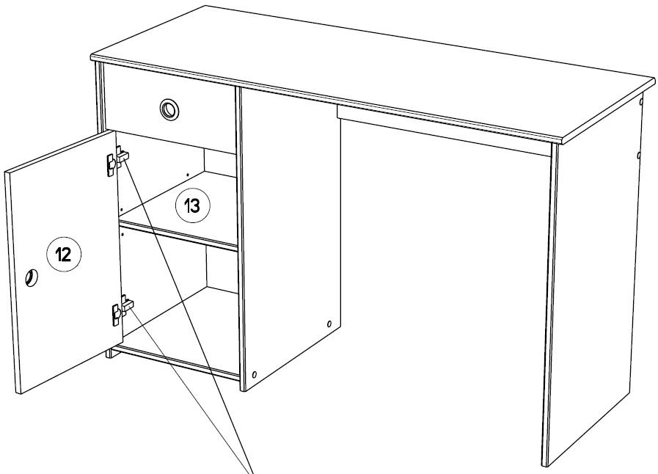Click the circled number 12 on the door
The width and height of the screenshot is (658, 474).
[64, 254]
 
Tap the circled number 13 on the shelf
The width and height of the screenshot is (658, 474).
[193, 205]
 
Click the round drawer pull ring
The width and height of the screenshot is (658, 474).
[170, 110]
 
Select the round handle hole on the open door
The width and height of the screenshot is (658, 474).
[32, 277]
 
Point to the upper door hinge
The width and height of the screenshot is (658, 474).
[117, 160]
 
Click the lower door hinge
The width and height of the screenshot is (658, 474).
[122, 310]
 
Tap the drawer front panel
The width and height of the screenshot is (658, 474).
[169, 109]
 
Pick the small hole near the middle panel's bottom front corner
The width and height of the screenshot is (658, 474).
[254, 373]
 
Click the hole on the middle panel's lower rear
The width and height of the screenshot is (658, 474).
[329, 324]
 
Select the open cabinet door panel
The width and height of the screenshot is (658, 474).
[63, 263]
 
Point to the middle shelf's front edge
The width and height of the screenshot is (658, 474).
[179, 236]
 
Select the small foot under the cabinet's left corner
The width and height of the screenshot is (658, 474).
[111, 353]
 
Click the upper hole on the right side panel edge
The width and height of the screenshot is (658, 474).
[641, 101]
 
